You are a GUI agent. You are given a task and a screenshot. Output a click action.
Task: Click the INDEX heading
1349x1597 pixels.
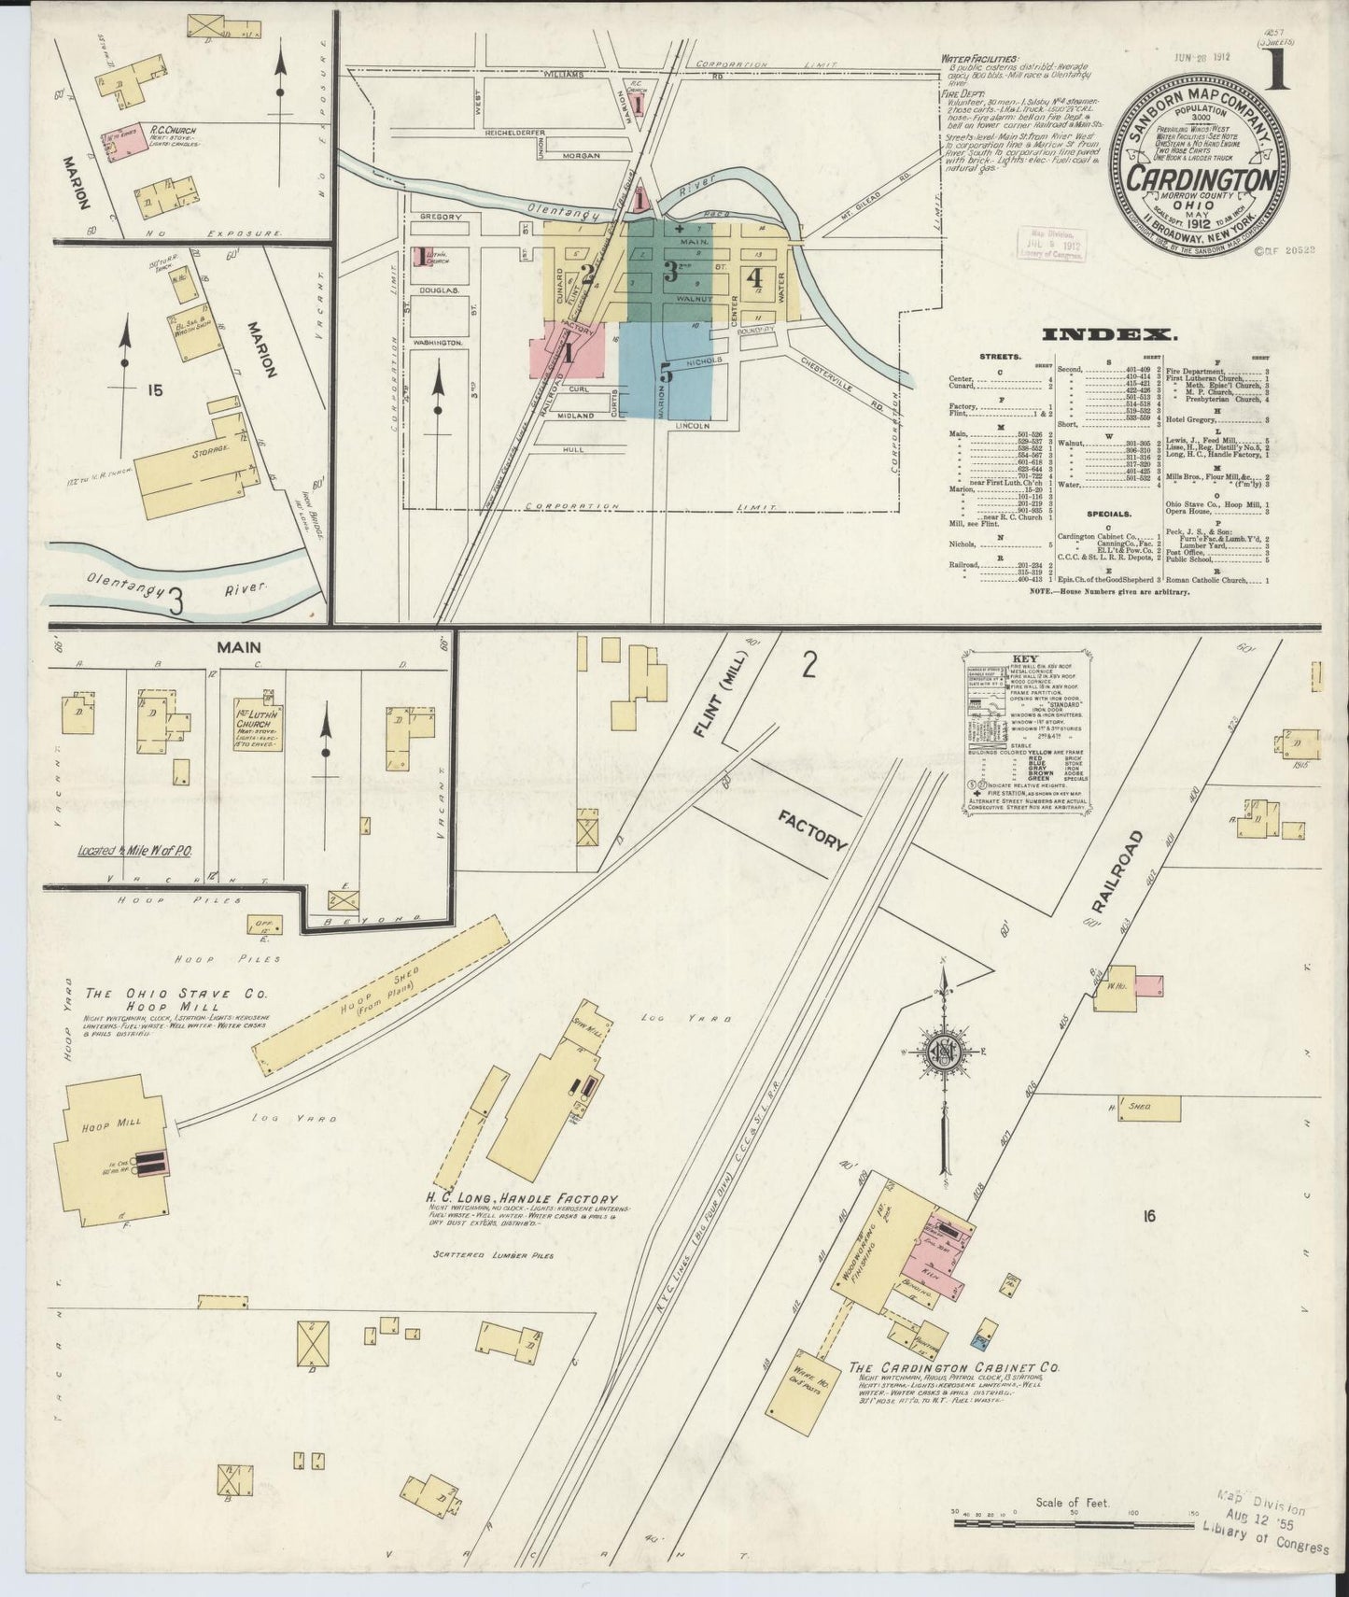point(1105,335)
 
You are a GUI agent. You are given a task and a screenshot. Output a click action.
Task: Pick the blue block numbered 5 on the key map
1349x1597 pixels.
point(667,372)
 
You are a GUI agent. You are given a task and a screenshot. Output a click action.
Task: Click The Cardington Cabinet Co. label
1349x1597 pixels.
point(953,1367)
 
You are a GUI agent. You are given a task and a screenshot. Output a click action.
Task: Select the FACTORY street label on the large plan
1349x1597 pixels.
point(813,829)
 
